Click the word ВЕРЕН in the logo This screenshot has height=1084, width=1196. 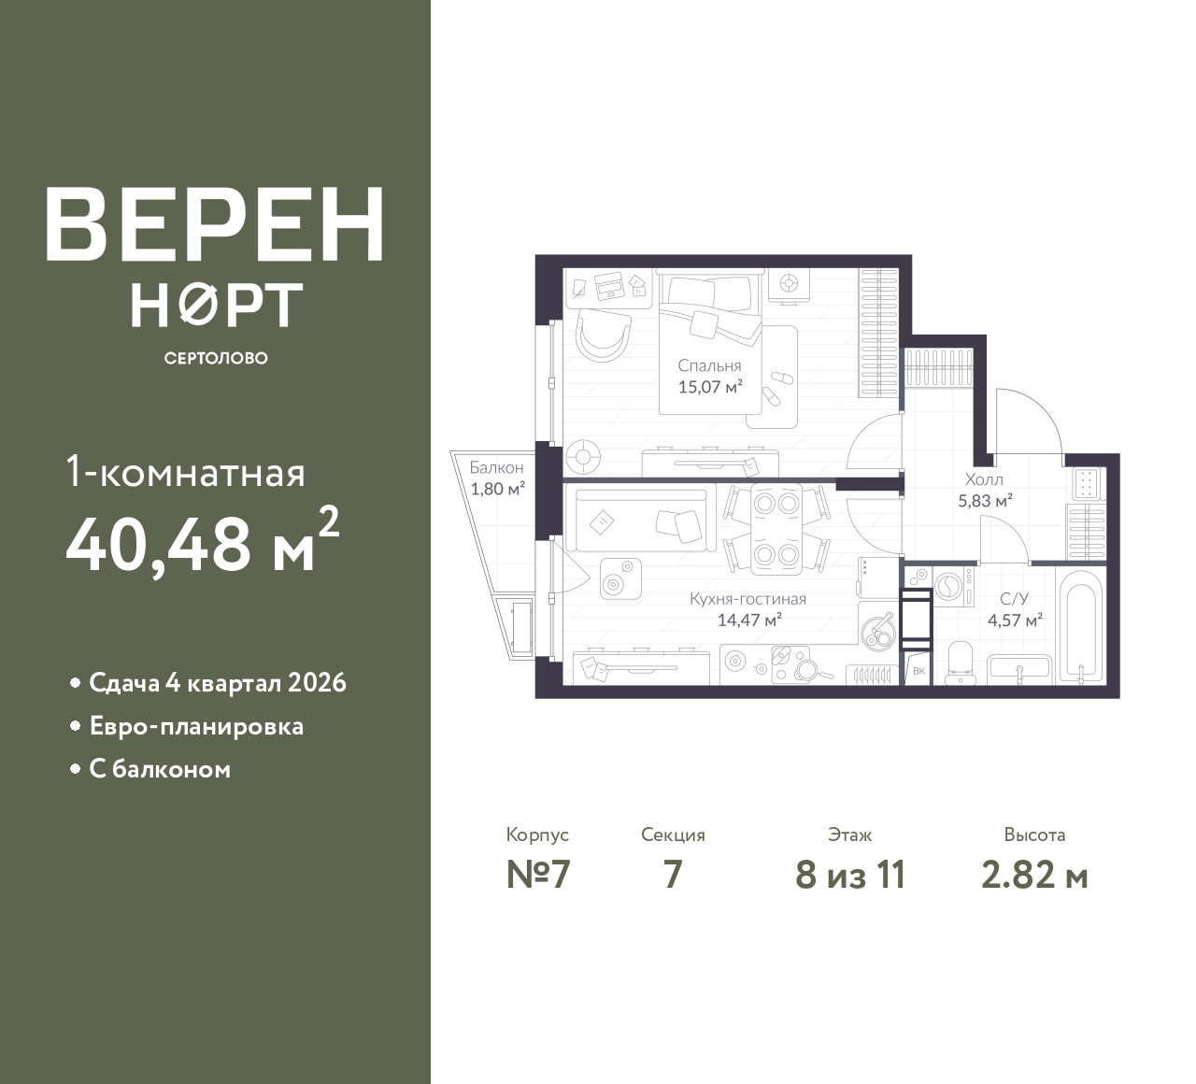pos(215,225)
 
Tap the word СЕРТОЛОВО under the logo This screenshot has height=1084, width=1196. pos(216,358)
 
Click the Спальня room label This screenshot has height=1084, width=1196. pos(709,366)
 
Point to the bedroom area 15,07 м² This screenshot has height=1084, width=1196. pos(710,387)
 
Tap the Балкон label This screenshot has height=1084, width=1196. pos(497,467)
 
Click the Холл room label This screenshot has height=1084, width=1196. pos(984,479)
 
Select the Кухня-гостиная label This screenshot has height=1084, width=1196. pos(747,599)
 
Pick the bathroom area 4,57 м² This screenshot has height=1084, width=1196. pos(1016,620)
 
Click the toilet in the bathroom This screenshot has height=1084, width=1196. pos(960,662)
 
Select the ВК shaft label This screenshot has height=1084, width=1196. pos(918,671)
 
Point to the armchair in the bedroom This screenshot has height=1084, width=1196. pos(604,336)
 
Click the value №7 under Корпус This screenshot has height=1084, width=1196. pos(538,875)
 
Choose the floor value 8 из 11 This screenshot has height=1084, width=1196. pos(850,875)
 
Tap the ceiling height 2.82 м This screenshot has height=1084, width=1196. pos(1034,876)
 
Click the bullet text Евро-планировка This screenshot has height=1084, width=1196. pos(196,727)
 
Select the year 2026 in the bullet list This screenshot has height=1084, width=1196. pos(317,682)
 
